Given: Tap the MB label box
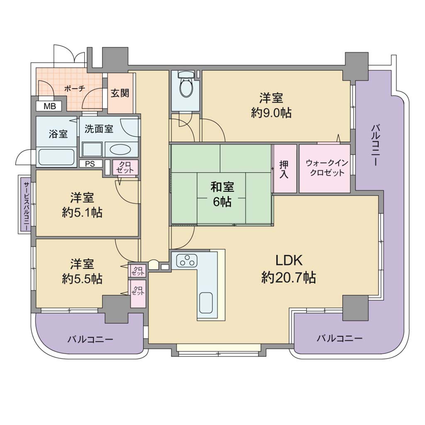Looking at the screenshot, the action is pos(50,106).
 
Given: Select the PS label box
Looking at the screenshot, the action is pos(90,164).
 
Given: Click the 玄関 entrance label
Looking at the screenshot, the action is pos(120,93).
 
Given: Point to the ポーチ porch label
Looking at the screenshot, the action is pos(75,89).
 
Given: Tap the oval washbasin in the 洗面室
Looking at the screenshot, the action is pos(121,149).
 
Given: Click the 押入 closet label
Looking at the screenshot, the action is pos(284,169).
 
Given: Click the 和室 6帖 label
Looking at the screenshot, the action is pos(222,194).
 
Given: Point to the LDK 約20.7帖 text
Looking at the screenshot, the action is pos(289,269).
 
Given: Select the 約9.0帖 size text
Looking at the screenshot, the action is pos(271,113).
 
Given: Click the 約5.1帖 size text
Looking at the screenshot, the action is pos(82,212).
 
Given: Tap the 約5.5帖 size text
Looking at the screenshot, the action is pos(82,278).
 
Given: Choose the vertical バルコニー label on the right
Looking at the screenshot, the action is pos(375,145).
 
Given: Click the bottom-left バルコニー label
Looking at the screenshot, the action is pos(90,339).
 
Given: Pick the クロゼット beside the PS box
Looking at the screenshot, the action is pos(125,167).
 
